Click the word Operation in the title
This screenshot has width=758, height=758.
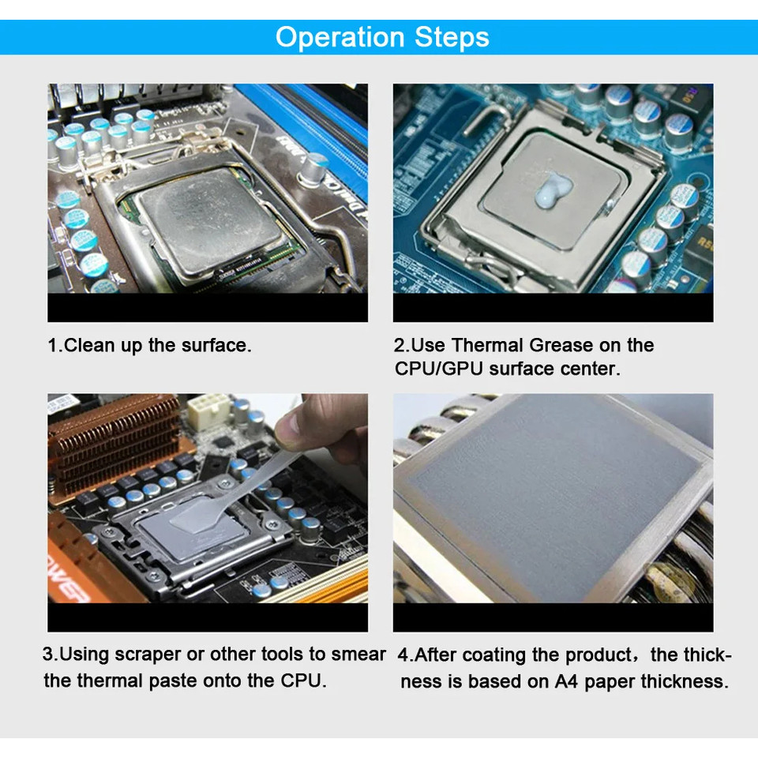340,37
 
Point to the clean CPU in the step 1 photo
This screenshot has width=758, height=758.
209,217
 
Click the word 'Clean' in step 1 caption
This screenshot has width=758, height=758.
90,345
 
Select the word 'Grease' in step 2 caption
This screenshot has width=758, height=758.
563,345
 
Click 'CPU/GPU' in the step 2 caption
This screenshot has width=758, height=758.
439,369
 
